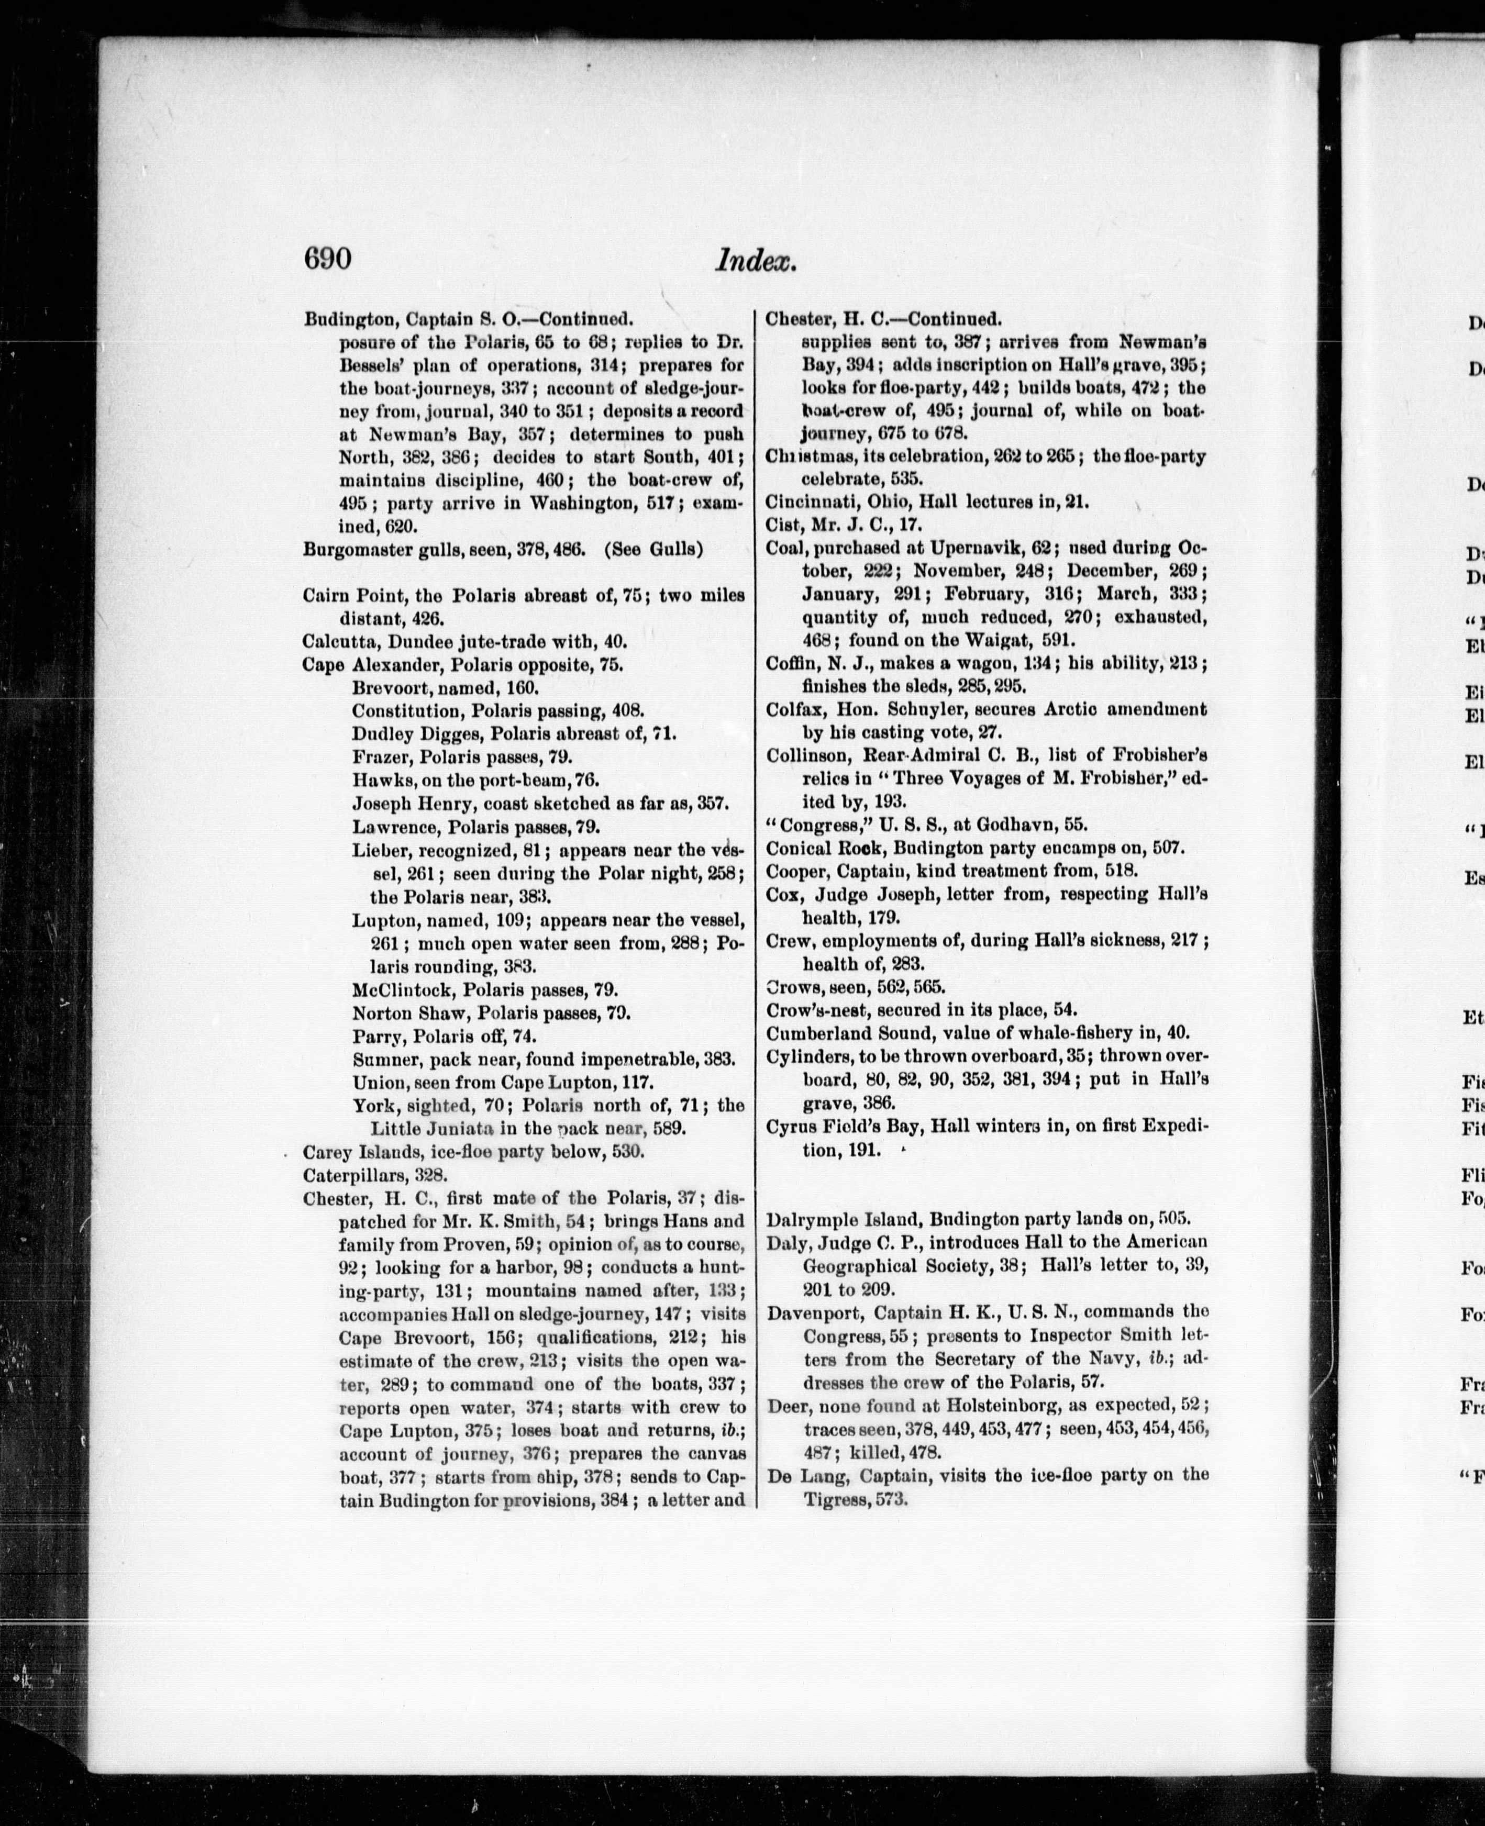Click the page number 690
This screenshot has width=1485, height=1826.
click(x=328, y=258)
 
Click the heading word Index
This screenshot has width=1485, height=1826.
click(x=756, y=260)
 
